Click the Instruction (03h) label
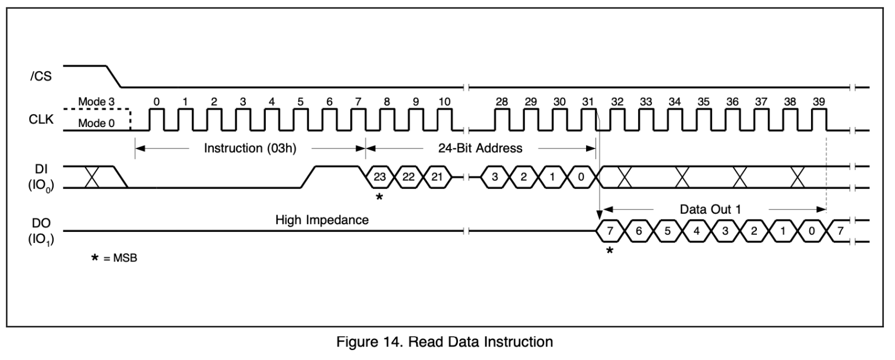coord(251,148)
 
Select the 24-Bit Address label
coord(480,148)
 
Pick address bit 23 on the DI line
coord(380,177)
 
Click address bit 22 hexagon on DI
coord(408,177)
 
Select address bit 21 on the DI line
coord(437,177)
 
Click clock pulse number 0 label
coord(157,101)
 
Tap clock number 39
coord(819,101)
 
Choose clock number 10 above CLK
coord(444,101)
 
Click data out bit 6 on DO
coord(639,231)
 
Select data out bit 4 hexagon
coord(696,231)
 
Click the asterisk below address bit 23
coord(379,197)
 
